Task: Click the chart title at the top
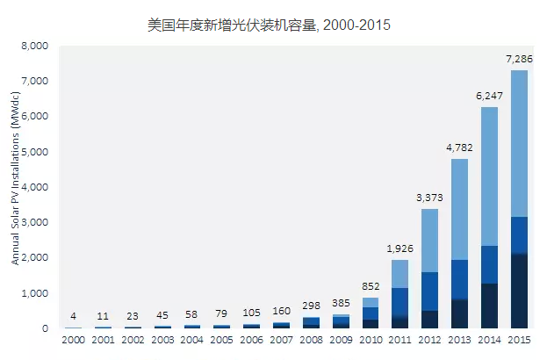pos(269,25)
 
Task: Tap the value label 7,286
pos(519,59)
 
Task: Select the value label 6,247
pos(489,96)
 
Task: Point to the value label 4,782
pos(459,148)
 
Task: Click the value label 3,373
pos(429,198)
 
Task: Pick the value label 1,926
pos(399,248)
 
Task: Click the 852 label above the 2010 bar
pos(370,286)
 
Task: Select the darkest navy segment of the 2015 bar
pos(519,291)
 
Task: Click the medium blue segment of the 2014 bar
pos(489,264)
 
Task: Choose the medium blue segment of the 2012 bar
pos(429,291)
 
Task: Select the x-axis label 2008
pos(310,341)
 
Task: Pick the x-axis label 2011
pos(399,341)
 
